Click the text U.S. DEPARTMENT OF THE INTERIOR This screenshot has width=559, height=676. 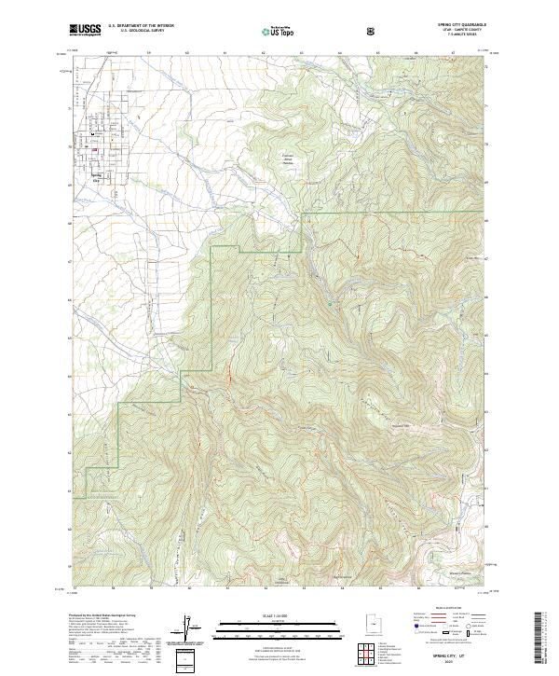coord(141,26)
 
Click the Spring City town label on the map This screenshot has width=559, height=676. coord(95,174)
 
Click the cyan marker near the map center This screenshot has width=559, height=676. coord(329,302)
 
